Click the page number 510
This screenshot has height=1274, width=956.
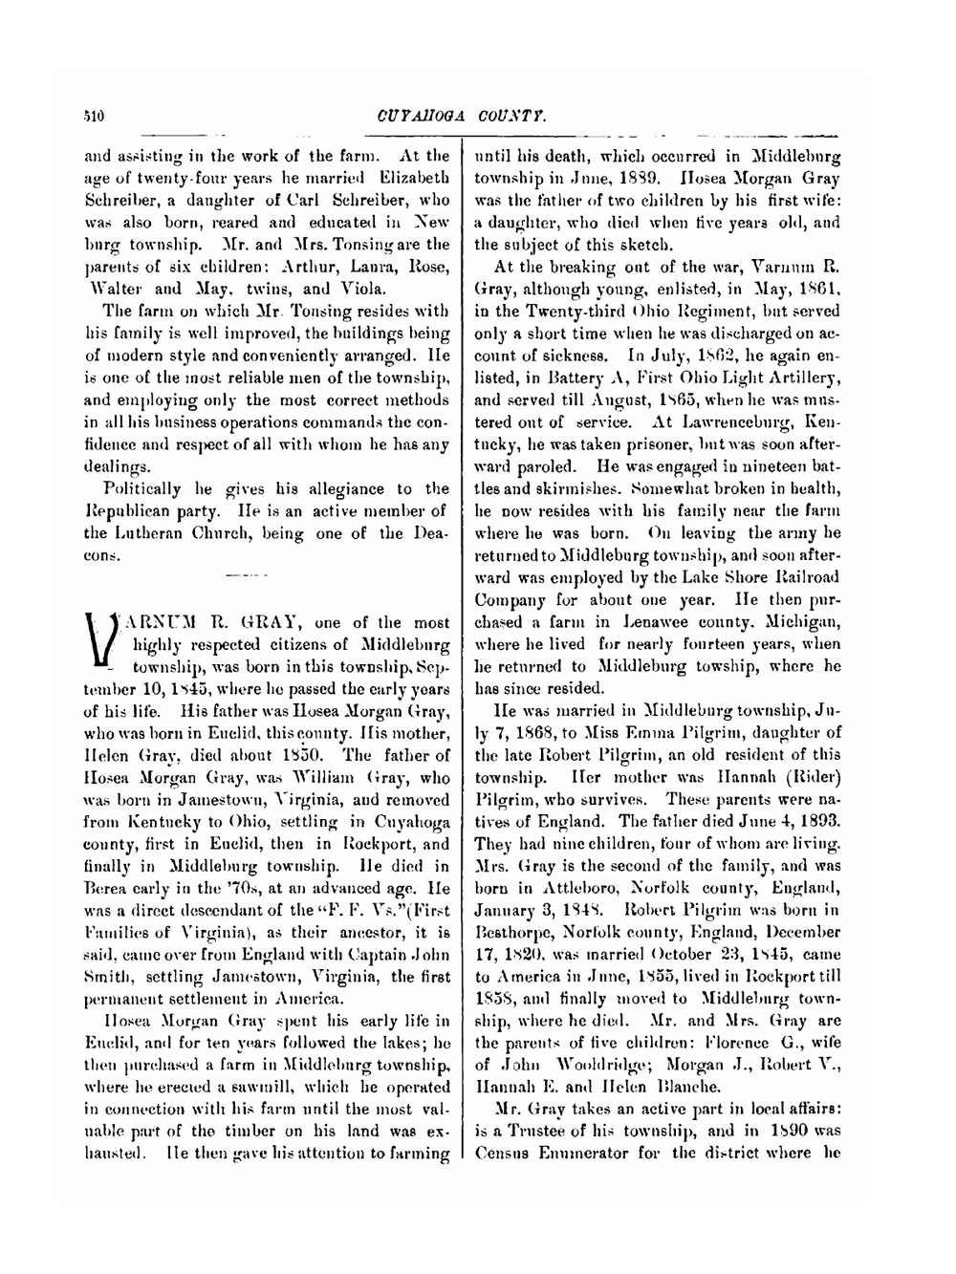(93, 117)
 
